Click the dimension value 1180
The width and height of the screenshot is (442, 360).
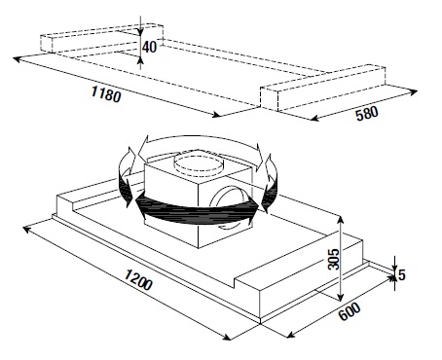(106, 94)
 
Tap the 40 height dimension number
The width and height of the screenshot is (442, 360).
(149, 47)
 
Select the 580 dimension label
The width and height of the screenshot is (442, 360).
(367, 114)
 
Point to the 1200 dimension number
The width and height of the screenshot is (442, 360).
(138, 279)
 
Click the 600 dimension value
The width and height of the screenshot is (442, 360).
(350, 311)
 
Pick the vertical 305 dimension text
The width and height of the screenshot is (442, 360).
(333, 259)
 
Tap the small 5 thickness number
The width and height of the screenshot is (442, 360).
(402, 275)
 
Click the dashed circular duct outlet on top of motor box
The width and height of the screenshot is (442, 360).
(199, 162)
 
